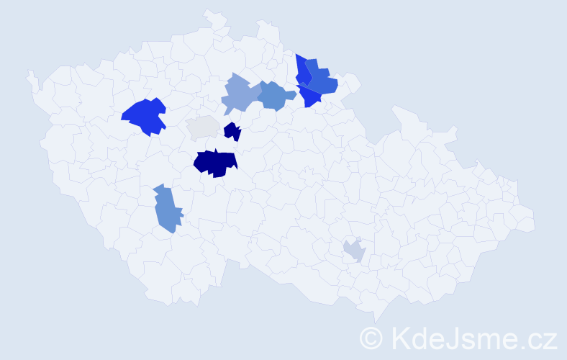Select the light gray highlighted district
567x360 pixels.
click(203, 127)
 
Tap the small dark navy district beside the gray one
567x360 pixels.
click(232, 132)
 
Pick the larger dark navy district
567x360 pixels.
click(215, 163)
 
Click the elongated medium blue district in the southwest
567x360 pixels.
click(166, 209)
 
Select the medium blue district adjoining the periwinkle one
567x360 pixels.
click(275, 96)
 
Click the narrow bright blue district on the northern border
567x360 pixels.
click(301, 71)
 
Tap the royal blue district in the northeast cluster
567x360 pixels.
click(321, 80)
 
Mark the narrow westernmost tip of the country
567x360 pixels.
click(30, 75)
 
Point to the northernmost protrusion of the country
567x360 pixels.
click(211, 12)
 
